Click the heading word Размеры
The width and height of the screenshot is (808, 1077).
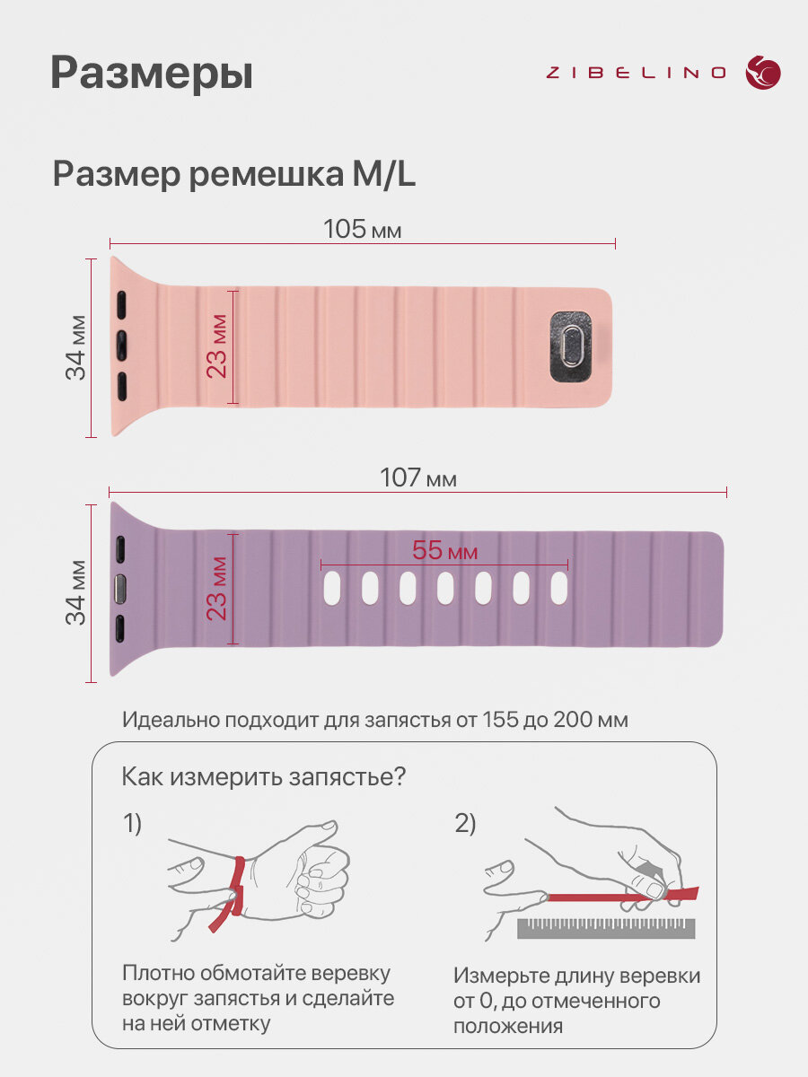click(x=152, y=74)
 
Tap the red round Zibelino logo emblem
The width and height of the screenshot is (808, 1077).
click(x=763, y=73)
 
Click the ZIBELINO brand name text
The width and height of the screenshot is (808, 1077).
click(x=636, y=73)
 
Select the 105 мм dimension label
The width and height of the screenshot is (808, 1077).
click(x=362, y=229)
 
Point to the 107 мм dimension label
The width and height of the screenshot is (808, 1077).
click(x=418, y=477)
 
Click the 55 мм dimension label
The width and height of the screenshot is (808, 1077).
click(x=444, y=550)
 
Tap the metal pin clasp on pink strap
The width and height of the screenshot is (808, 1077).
click(x=570, y=346)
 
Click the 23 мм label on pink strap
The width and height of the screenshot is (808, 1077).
click(x=217, y=346)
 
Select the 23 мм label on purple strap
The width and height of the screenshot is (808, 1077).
click(x=217, y=589)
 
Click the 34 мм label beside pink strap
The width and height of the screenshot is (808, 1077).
click(x=75, y=347)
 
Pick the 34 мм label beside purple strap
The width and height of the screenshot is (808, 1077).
click(x=75, y=592)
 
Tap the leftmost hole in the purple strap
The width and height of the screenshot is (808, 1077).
click(x=332, y=588)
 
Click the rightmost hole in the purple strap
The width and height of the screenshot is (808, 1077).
click(x=558, y=588)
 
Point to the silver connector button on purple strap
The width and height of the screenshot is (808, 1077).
click(x=119, y=589)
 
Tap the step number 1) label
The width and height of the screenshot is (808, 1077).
click(x=132, y=822)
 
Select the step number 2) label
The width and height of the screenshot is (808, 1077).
click(x=464, y=822)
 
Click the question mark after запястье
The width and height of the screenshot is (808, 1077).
click(x=400, y=775)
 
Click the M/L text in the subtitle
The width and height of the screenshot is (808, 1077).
click(x=383, y=174)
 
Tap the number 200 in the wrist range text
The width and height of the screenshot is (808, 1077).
click(x=570, y=720)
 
